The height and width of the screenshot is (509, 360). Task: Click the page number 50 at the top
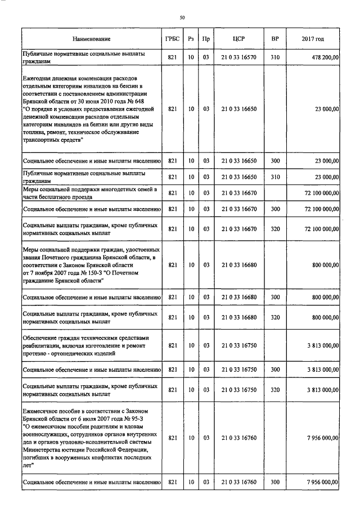point(182,18)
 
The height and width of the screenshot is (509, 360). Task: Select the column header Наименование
point(91,39)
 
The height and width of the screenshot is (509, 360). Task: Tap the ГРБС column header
point(172,39)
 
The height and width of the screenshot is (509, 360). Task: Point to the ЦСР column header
point(237,39)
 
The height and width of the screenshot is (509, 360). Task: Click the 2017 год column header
point(312,39)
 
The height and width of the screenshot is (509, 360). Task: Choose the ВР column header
point(274,39)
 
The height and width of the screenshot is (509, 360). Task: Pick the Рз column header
point(191,39)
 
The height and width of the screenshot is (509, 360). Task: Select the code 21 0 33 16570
point(237,57)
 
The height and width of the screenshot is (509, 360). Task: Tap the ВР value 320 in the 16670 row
point(274,228)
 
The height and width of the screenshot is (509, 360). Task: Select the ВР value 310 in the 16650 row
point(274,177)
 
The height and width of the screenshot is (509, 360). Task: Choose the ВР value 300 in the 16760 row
point(274,482)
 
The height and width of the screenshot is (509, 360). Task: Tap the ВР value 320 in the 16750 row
point(274,389)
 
